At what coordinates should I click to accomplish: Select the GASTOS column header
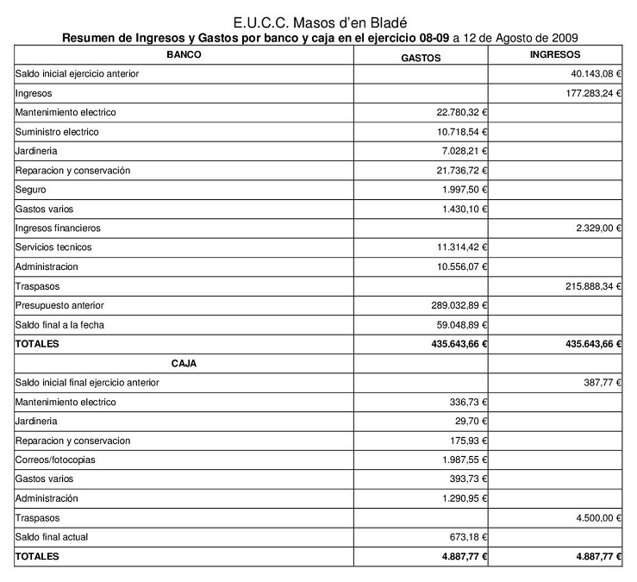(x=422, y=58)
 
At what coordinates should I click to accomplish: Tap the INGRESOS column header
(x=556, y=54)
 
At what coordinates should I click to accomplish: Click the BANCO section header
(x=184, y=54)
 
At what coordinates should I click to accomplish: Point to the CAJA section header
(x=184, y=363)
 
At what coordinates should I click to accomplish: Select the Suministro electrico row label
(x=57, y=132)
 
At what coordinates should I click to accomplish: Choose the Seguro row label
(x=31, y=190)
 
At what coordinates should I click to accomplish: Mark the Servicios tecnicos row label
(x=53, y=247)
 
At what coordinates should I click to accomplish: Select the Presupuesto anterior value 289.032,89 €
(x=459, y=305)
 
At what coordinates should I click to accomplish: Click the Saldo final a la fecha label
(x=59, y=324)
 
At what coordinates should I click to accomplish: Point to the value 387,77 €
(x=602, y=382)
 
